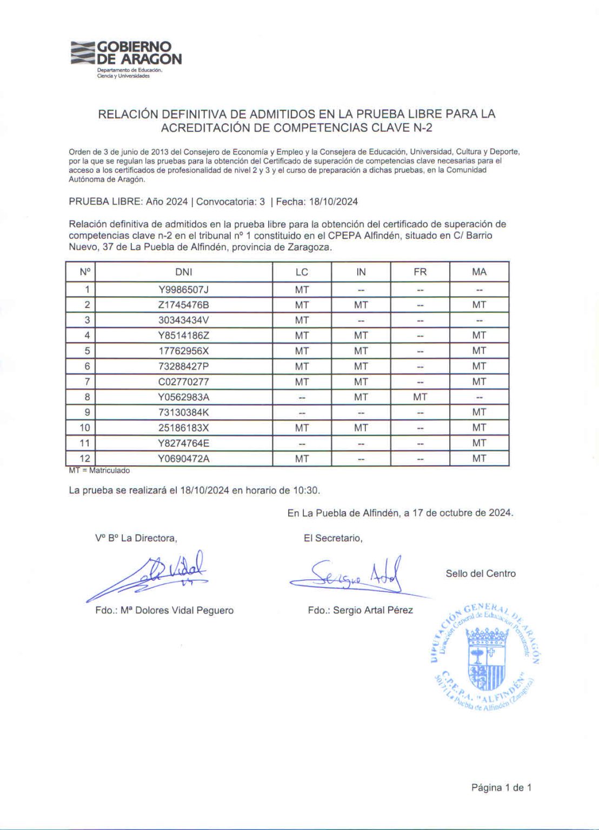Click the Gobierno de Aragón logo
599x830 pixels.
tap(126, 57)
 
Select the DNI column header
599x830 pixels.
tap(183, 272)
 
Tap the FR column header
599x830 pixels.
tap(420, 272)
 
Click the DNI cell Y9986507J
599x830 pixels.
tap(183, 290)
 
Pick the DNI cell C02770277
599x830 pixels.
tap(183, 381)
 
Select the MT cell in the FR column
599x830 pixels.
tap(420, 397)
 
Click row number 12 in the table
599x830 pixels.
tap(85, 458)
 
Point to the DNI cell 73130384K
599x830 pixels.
tap(183, 412)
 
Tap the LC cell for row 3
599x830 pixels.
tap(302, 320)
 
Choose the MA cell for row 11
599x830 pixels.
tap(479, 443)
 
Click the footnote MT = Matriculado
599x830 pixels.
tap(99, 471)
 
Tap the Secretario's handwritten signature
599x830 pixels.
tap(351, 577)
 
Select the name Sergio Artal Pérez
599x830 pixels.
tap(372, 610)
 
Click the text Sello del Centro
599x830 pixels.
tap(481, 573)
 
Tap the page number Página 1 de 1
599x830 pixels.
tap(501, 787)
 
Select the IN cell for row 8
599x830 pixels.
tap(361, 397)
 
